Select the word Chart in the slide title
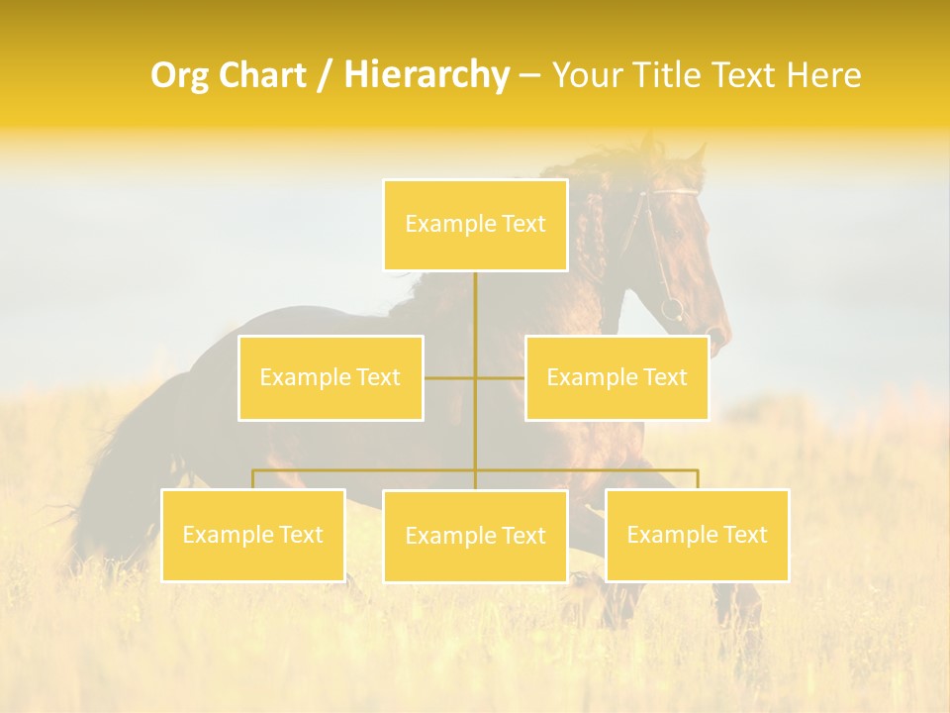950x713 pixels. [261, 75]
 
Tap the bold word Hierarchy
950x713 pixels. [426, 75]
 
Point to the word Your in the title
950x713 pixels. [585, 75]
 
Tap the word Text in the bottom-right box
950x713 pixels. [743, 535]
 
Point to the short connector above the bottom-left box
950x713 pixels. [252, 479]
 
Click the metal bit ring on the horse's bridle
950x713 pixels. [672, 308]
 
